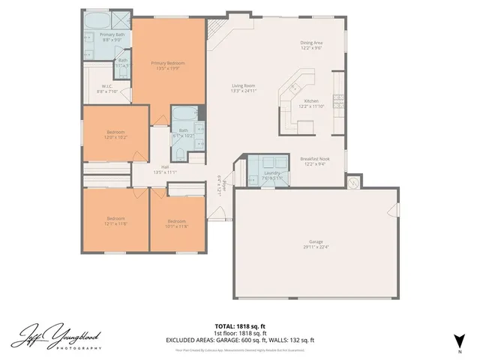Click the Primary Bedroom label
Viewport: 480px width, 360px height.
click(x=167, y=66)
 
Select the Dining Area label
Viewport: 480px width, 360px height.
click(x=312, y=46)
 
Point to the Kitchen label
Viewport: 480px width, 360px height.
click(x=311, y=103)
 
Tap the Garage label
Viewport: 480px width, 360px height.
click(x=316, y=244)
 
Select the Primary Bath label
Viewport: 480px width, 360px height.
click(x=112, y=37)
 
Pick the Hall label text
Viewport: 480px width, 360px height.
click(x=164, y=169)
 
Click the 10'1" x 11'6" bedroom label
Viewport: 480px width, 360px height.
click(x=177, y=223)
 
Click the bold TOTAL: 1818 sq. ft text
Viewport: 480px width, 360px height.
click(x=240, y=326)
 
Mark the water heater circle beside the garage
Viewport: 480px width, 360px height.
click(x=353, y=181)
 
